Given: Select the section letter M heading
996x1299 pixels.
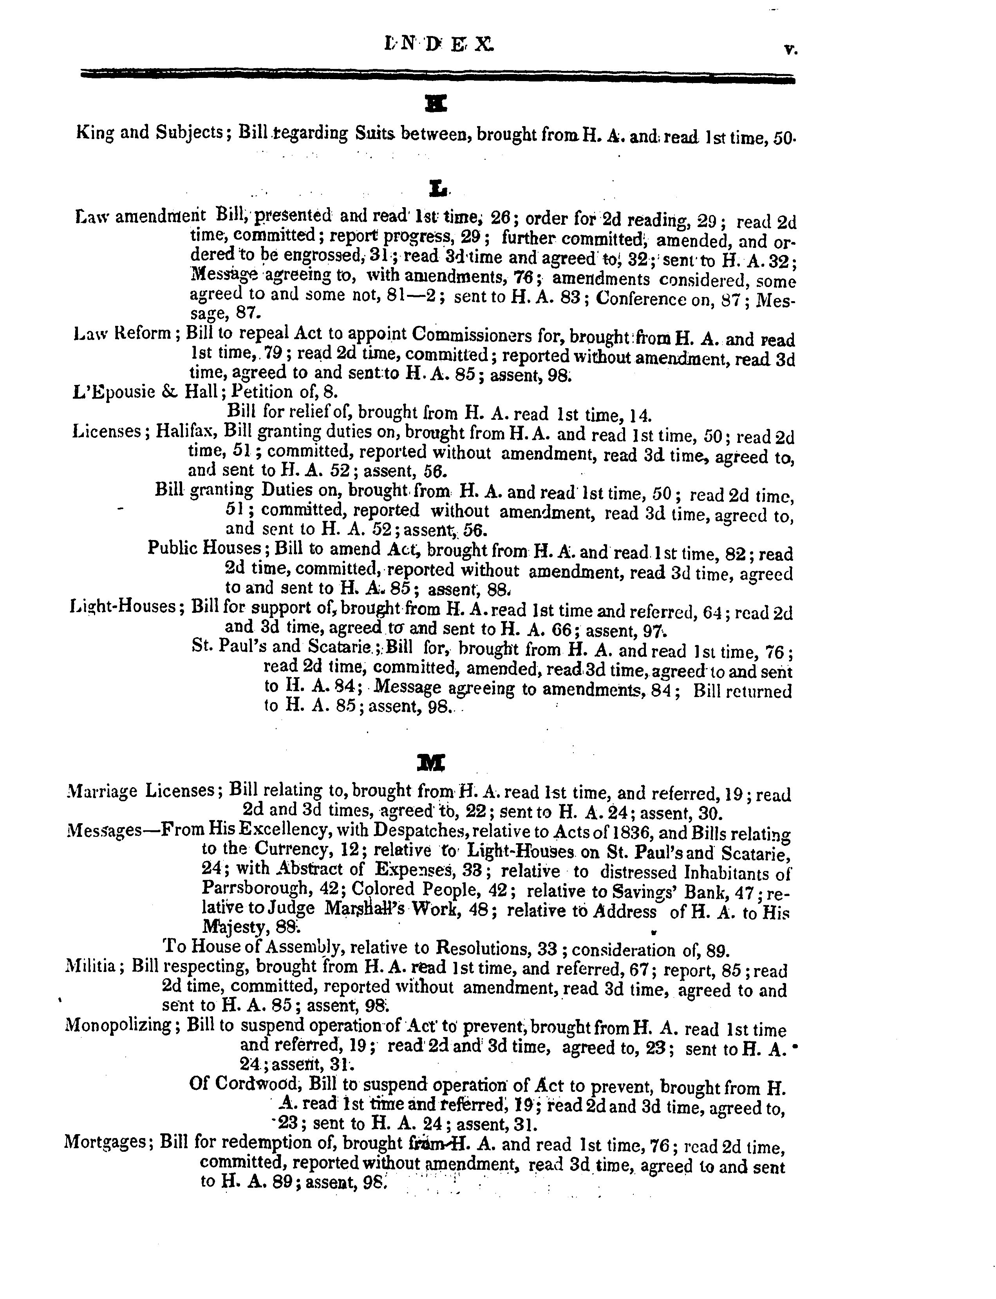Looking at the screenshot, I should pyautogui.click(x=439, y=761).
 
